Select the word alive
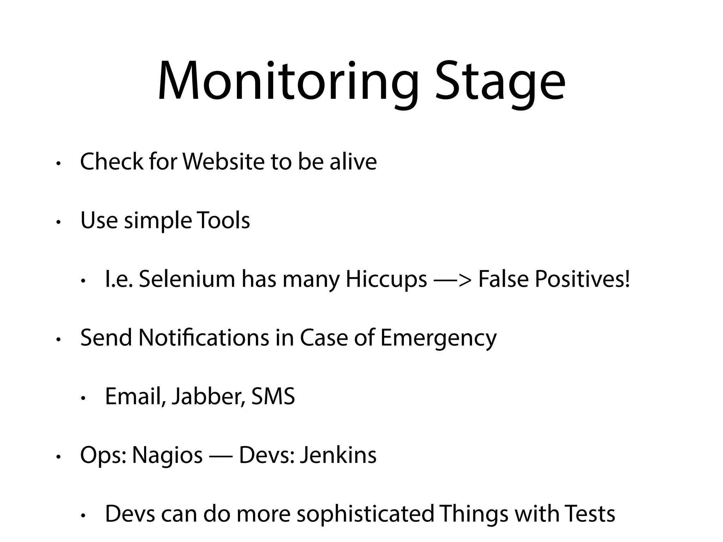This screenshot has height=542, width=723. [x=353, y=162]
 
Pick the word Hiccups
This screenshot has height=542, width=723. [x=386, y=280]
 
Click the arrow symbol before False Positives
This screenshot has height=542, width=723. [x=453, y=280]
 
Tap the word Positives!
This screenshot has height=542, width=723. [x=582, y=279]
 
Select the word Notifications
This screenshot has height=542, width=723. [x=204, y=338]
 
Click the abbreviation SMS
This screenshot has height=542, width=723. [x=273, y=397]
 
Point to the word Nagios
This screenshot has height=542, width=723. [x=167, y=456]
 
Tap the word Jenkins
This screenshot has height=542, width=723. [x=338, y=455]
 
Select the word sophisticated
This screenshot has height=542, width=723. [x=365, y=514]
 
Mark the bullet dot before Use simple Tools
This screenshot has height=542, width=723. [x=59, y=222]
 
